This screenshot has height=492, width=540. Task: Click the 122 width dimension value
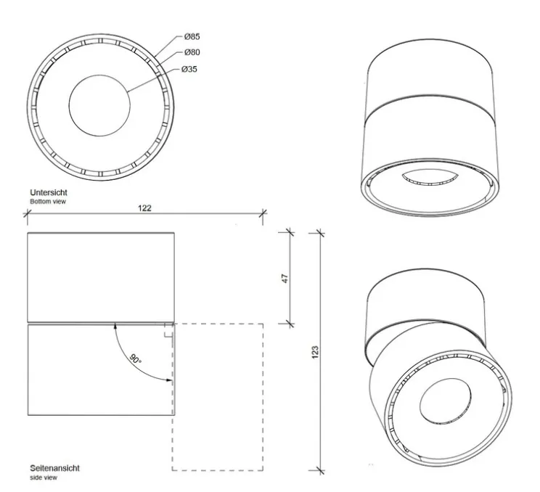pos(144,208)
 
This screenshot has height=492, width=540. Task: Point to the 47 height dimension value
pos(285,278)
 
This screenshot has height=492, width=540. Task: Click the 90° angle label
pos(136,359)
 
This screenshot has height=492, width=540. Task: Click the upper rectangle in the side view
pos(100,276)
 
